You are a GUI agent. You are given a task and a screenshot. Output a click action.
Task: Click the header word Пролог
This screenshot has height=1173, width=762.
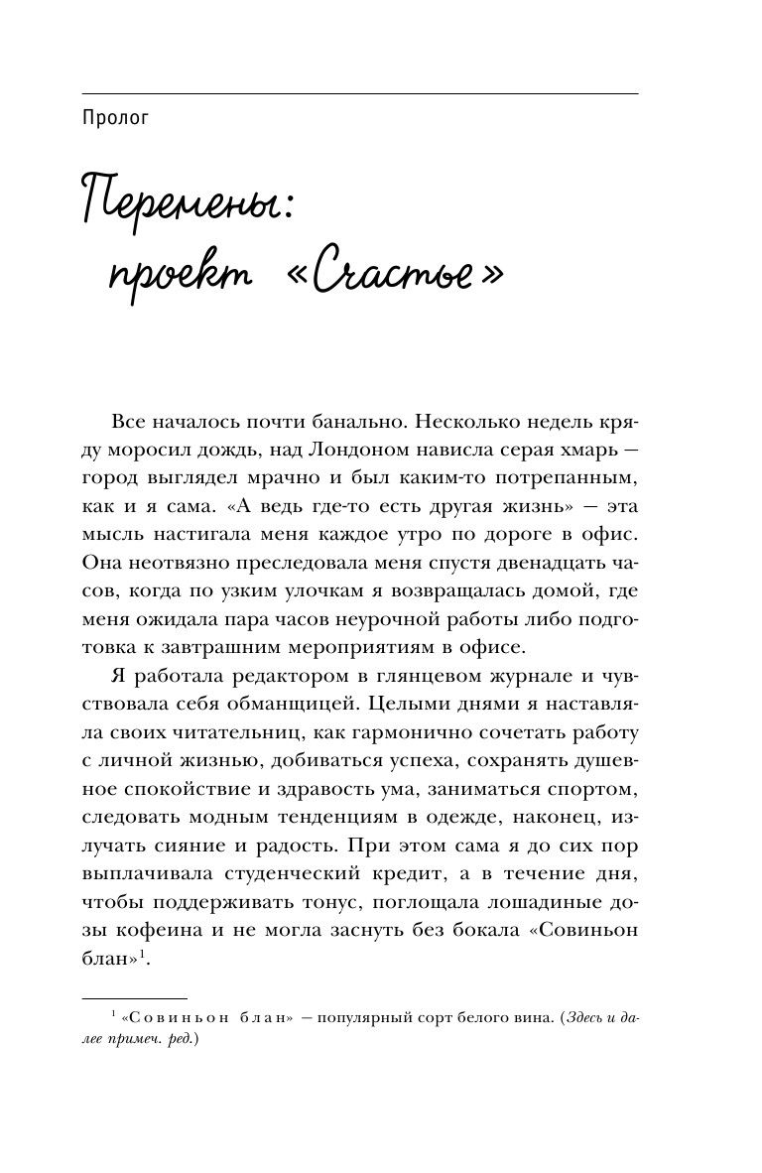click(x=116, y=119)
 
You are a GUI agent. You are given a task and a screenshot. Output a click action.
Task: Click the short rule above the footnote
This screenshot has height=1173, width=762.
click(x=133, y=997)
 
